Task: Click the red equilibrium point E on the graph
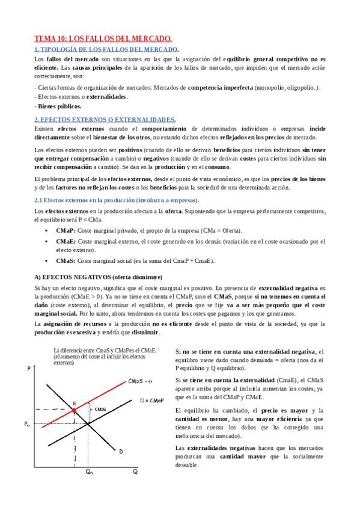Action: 74,410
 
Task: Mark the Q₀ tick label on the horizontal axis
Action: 88,472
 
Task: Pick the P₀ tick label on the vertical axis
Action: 26,424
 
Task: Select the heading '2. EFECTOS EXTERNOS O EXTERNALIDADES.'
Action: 105,119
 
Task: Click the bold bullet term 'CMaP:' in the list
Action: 66,231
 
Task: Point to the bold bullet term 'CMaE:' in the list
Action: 66,241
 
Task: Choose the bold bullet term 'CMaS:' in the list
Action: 66,260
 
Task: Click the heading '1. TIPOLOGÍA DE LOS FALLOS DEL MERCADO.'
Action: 106,49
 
